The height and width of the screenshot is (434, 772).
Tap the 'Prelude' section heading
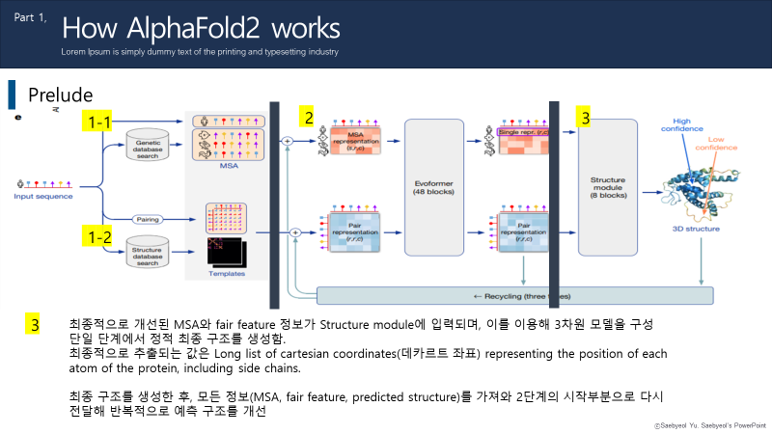[x=60, y=95]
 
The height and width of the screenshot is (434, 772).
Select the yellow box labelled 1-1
[x=100, y=122]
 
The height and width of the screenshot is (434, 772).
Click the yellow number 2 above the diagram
[x=308, y=118]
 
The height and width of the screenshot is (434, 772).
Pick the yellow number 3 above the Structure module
[x=584, y=118]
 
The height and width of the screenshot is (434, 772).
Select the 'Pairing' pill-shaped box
[x=147, y=219]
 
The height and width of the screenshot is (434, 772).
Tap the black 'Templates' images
[x=224, y=253]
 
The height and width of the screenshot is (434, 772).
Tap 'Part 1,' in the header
[x=31, y=18]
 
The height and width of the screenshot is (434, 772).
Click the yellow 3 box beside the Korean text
[x=35, y=324]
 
